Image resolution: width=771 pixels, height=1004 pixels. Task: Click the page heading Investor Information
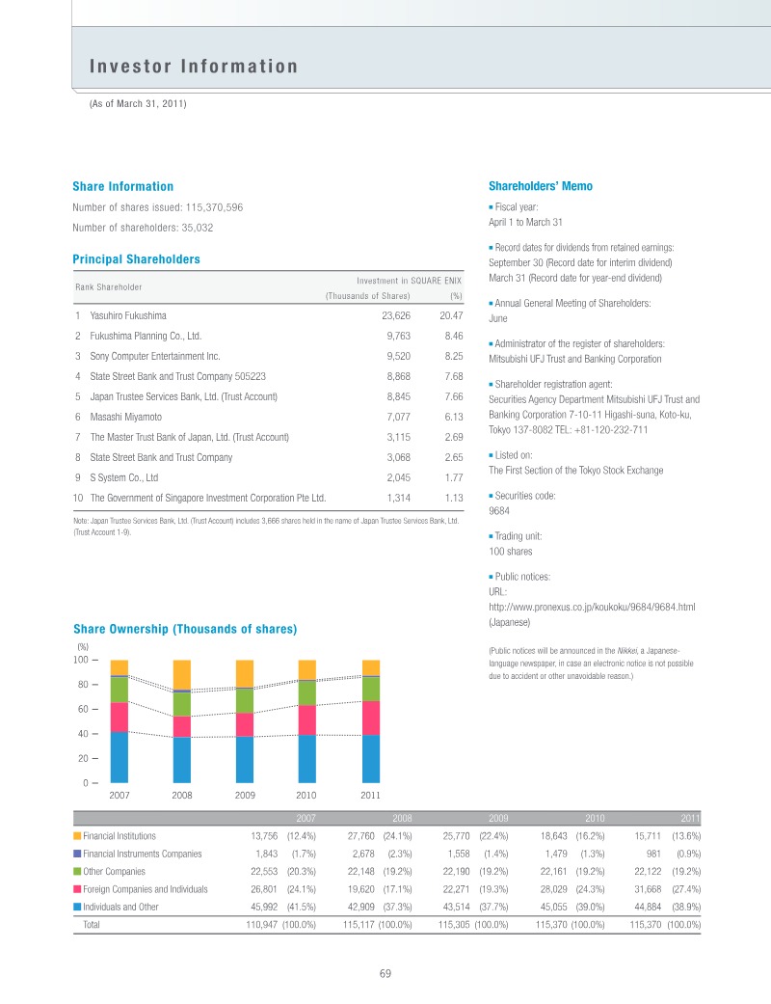pos(194,67)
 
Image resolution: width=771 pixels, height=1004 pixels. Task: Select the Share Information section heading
pos(123,186)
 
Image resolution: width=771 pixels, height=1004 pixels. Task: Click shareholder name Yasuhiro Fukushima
pos(128,315)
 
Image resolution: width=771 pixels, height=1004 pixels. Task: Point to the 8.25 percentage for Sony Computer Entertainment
pos(452,356)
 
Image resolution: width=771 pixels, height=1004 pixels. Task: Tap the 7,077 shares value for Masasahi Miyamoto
pos(398,417)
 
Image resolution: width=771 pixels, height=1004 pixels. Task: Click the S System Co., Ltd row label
pos(123,477)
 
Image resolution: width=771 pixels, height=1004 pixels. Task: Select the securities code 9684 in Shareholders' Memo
pos(499,511)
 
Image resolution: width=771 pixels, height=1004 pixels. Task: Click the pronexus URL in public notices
pos(592,607)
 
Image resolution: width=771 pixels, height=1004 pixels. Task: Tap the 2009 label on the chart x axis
pos(245,796)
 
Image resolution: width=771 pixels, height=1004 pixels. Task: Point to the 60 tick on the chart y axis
pos(82,710)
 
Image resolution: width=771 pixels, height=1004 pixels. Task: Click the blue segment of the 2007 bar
pos(120,757)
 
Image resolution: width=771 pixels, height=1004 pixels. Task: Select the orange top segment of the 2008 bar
pos(181,675)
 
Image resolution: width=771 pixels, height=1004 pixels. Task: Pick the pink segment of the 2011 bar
pos(371,718)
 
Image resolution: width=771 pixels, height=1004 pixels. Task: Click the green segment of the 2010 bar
pos(307,693)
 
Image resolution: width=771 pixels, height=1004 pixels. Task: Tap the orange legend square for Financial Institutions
pos(77,836)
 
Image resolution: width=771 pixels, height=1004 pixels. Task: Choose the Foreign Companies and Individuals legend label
pos(145,888)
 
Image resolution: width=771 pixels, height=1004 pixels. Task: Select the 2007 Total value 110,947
pos(257,924)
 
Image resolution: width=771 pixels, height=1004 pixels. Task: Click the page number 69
pos(385,973)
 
